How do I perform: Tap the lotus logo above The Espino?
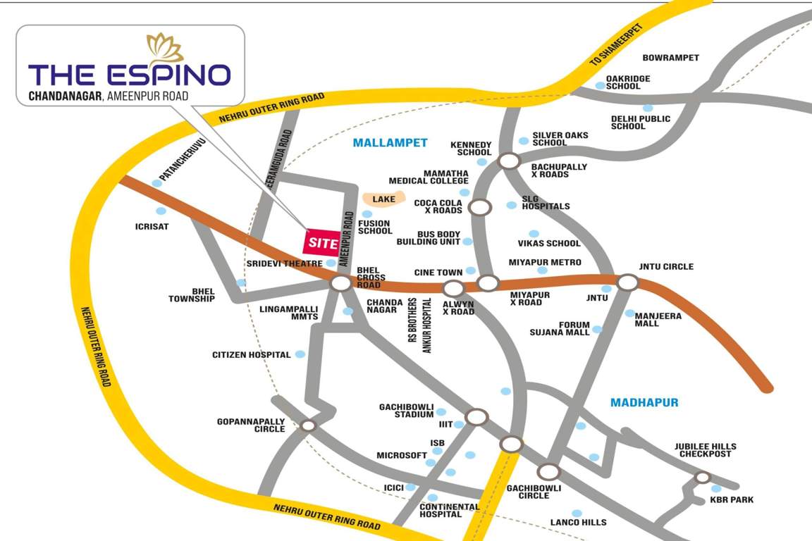click(165, 47)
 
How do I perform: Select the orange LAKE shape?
click(384, 199)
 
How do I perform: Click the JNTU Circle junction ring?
click(627, 282)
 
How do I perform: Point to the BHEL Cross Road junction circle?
click(341, 284)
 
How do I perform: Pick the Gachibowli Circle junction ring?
click(548, 472)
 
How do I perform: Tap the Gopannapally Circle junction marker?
click(308, 425)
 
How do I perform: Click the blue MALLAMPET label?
click(390, 142)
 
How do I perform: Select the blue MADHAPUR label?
click(644, 402)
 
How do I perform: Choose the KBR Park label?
click(732, 499)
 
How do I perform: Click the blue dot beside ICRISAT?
click(161, 211)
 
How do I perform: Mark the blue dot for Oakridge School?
click(600, 86)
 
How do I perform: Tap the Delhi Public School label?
click(640, 123)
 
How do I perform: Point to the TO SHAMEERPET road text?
click(617, 49)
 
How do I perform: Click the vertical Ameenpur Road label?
click(345, 239)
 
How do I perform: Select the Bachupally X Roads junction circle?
click(508, 161)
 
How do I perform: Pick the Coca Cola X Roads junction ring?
click(480, 208)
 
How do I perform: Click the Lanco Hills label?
click(578, 522)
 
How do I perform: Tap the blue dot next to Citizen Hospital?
click(300, 354)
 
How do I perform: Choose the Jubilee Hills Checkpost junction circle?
click(702, 478)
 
